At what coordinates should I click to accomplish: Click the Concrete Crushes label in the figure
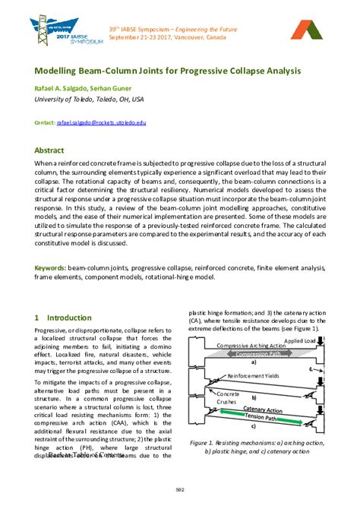(x=207, y=398)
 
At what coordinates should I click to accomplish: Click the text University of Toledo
(x=66, y=100)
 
